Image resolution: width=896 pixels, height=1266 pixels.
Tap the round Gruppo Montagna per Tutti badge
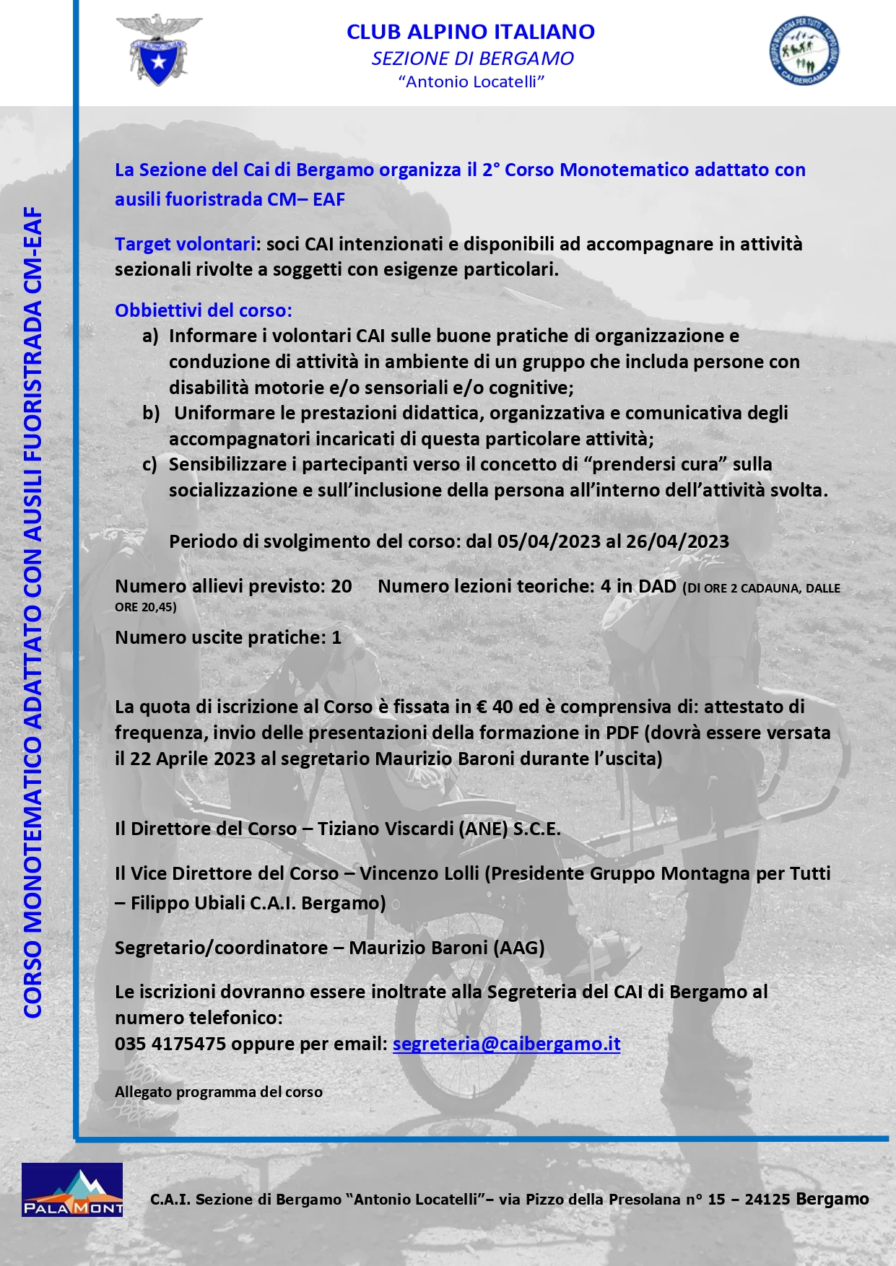point(804,51)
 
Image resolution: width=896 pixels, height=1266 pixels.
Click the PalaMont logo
point(72,1189)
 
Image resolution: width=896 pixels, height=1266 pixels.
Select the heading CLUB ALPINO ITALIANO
point(470,32)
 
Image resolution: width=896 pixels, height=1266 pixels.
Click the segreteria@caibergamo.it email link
point(506,1044)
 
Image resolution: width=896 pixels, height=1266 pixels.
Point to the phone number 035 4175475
point(170,1044)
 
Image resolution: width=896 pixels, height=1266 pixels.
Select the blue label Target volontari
point(185,244)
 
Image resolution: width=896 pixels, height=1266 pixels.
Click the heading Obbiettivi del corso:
point(204,310)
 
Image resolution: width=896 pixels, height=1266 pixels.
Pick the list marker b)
point(151,413)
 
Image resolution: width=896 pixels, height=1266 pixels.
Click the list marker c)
point(149,464)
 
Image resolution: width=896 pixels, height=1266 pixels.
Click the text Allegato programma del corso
point(218,1092)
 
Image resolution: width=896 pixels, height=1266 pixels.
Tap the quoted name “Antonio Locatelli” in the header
point(471,82)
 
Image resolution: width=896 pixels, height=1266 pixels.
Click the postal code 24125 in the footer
point(767,1200)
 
